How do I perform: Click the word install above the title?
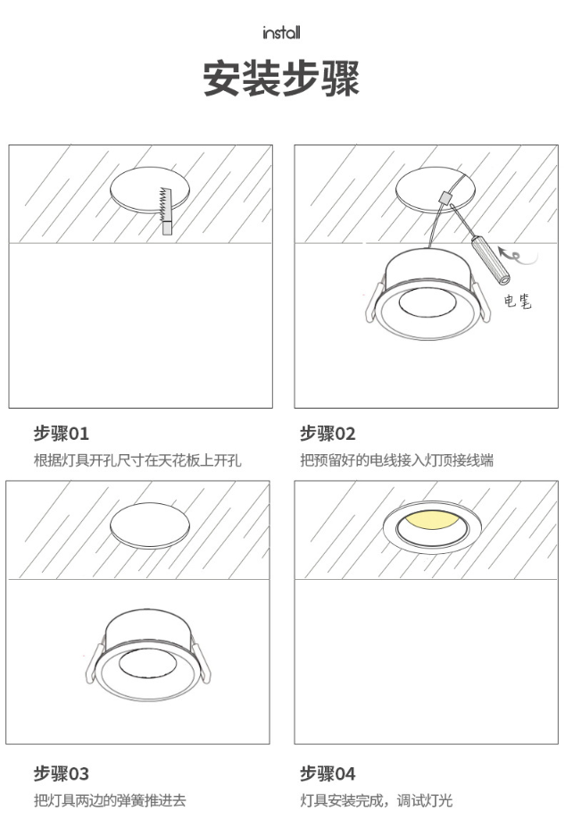click(x=281, y=33)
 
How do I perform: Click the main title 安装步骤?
click(x=281, y=79)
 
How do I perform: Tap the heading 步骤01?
click(x=62, y=434)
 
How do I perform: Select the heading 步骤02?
click(x=328, y=434)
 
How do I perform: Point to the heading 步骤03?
click(x=62, y=773)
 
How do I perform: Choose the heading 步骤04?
click(x=328, y=773)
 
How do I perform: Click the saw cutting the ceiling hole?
click(x=167, y=211)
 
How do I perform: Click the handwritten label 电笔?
click(x=518, y=302)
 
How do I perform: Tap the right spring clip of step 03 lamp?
click(x=202, y=664)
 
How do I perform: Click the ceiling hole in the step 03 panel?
click(x=150, y=525)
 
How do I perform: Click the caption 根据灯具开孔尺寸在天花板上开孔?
click(x=137, y=460)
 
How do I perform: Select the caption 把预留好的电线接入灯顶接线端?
click(x=396, y=460)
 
